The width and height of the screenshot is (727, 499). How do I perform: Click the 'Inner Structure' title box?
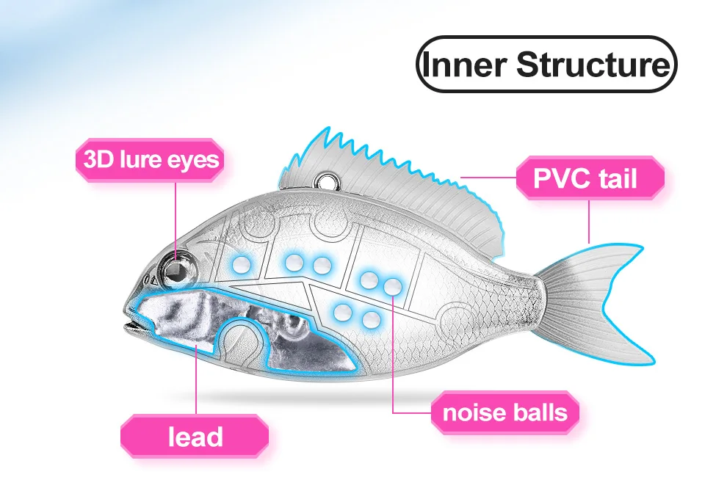coord(546,65)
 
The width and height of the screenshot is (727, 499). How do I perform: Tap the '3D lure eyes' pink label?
coord(151,159)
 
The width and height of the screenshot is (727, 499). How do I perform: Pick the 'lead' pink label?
coord(195,437)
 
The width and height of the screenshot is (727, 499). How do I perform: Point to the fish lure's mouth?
coord(132,321)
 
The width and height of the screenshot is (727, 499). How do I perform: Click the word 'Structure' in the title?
coord(592,65)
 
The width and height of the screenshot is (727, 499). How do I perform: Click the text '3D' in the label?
coord(97,159)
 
